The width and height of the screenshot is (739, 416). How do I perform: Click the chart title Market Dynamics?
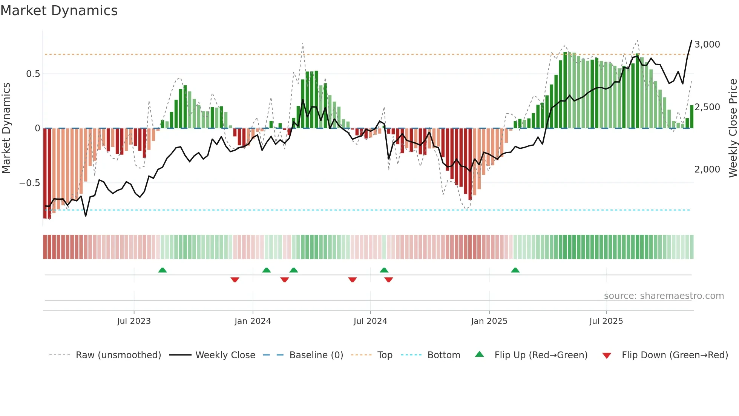(59, 11)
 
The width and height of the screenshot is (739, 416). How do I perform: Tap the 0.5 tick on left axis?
(33, 74)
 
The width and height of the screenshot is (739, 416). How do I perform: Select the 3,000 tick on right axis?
(707, 45)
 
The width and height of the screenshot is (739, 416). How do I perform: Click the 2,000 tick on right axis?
(707, 169)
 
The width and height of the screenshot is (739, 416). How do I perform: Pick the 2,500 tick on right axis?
(707, 107)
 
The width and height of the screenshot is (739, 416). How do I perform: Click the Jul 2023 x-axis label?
(134, 321)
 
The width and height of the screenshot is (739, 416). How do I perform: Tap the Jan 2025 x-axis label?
(489, 321)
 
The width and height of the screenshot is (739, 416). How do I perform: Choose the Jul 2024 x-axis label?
(370, 321)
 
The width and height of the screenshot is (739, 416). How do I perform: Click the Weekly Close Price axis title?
(733, 128)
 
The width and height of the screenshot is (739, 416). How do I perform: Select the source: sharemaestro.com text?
(664, 296)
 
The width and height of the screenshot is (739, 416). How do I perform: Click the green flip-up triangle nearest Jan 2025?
(515, 270)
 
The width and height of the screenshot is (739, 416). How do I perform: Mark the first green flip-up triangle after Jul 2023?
(163, 270)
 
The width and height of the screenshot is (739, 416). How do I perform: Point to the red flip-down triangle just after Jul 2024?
(389, 280)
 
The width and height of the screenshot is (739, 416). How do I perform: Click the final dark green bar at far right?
(691, 117)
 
